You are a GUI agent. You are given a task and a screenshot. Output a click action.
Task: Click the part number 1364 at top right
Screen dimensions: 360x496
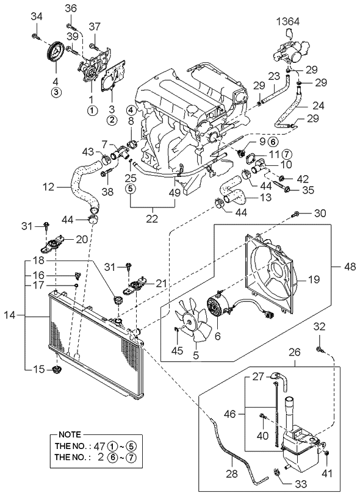(x=287, y=21)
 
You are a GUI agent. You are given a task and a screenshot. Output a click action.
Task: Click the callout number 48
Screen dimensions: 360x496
(x=350, y=267)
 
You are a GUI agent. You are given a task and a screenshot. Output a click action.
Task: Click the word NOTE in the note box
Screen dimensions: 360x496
(x=70, y=434)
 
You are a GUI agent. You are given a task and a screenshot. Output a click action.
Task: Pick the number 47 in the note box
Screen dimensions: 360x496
(x=99, y=446)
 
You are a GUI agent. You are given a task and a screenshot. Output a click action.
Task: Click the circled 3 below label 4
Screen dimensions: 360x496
(x=56, y=92)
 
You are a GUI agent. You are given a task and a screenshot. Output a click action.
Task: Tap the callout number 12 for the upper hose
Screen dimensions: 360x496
(x=49, y=187)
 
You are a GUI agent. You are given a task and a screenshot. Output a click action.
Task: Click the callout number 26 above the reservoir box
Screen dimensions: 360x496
(x=295, y=352)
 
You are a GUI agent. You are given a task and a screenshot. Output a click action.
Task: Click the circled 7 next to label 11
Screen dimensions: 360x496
(x=286, y=154)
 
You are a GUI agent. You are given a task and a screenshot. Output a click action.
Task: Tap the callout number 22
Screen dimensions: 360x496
(x=152, y=218)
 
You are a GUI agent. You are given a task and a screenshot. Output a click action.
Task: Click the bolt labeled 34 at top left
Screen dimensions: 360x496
(x=36, y=37)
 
